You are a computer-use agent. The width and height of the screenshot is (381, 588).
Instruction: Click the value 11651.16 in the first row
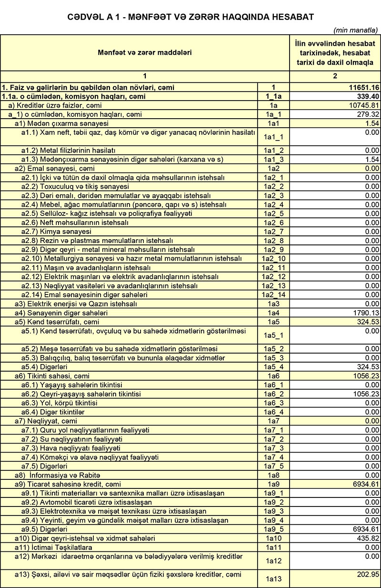tap(363, 88)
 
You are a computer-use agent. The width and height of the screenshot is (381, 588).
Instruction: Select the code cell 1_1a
tap(273, 97)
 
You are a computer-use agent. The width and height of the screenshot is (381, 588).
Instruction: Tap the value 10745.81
tap(363, 105)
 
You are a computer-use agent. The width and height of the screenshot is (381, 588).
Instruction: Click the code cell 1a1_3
tap(273, 159)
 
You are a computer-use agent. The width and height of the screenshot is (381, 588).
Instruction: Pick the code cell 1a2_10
tap(273, 259)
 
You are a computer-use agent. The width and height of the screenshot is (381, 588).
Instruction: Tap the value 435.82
tap(367, 538)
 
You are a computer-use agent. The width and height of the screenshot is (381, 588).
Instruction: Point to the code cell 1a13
tap(273, 579)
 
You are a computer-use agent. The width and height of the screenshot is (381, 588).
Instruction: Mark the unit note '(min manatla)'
tap(356, 30)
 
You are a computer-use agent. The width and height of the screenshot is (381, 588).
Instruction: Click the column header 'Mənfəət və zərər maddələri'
tap(145, 52)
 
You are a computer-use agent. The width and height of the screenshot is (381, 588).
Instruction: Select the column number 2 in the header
tap(335, 76)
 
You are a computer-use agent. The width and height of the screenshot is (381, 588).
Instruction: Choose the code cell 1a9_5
tap(273, 529)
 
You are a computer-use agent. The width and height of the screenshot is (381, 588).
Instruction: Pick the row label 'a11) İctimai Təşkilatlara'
tap(53, 547)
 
